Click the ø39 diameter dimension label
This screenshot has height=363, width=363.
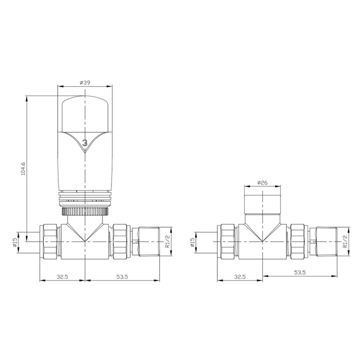tap(85, 83)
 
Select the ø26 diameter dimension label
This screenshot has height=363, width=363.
tap(262, 183)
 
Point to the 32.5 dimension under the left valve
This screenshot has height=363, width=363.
tap(63, 276)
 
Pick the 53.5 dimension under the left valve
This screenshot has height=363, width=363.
tap(122, 276)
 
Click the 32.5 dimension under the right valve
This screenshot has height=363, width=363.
tap(240, 276)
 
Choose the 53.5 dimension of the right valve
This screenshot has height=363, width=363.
tap(300, 272)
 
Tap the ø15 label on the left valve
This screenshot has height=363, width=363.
tap(15, 242)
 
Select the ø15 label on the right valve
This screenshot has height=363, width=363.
tap(192, 242)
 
